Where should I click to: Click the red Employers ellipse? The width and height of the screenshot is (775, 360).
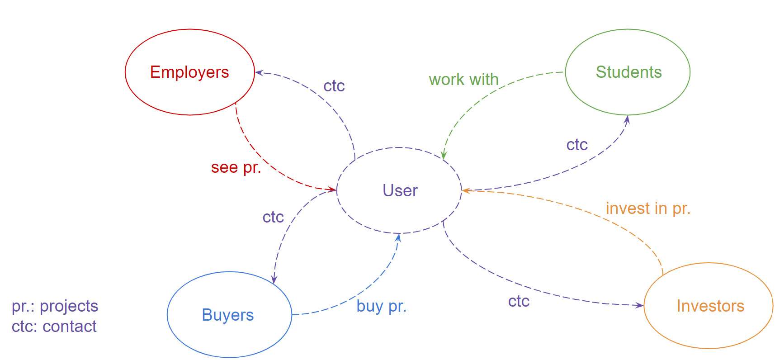[x=189, y=72]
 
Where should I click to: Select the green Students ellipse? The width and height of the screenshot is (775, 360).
[x=628, y=72]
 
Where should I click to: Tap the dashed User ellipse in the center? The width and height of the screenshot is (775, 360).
[x=399, y=190]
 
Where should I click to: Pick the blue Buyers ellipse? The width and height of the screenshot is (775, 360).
[x=229, y=315]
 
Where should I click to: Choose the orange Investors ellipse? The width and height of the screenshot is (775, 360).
[x=709, y=306]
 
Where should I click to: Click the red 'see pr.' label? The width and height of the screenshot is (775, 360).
[x=236, y=167]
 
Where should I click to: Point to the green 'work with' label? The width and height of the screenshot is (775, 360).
[x=463, y=80]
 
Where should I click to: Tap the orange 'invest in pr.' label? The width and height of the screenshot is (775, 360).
[x=648, y=208]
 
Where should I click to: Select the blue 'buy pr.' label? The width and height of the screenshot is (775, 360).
[x=381, y=306]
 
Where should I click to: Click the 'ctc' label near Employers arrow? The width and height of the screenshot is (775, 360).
[x=334, y=86]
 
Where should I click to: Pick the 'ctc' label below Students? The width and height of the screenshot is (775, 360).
[x=577, y=145]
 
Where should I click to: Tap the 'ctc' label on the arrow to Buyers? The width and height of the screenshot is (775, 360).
[x=273, y=217]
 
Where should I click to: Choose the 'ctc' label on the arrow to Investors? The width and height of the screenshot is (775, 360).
[x=519, y=301]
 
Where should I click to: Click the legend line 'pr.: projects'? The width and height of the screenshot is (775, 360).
[x=55, y=306]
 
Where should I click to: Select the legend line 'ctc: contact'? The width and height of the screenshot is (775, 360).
[x=54, y=327]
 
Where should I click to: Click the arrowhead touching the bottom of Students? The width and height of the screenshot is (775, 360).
[x=627, y=119]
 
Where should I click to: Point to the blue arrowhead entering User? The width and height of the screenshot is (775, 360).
[x=398, y=237]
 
